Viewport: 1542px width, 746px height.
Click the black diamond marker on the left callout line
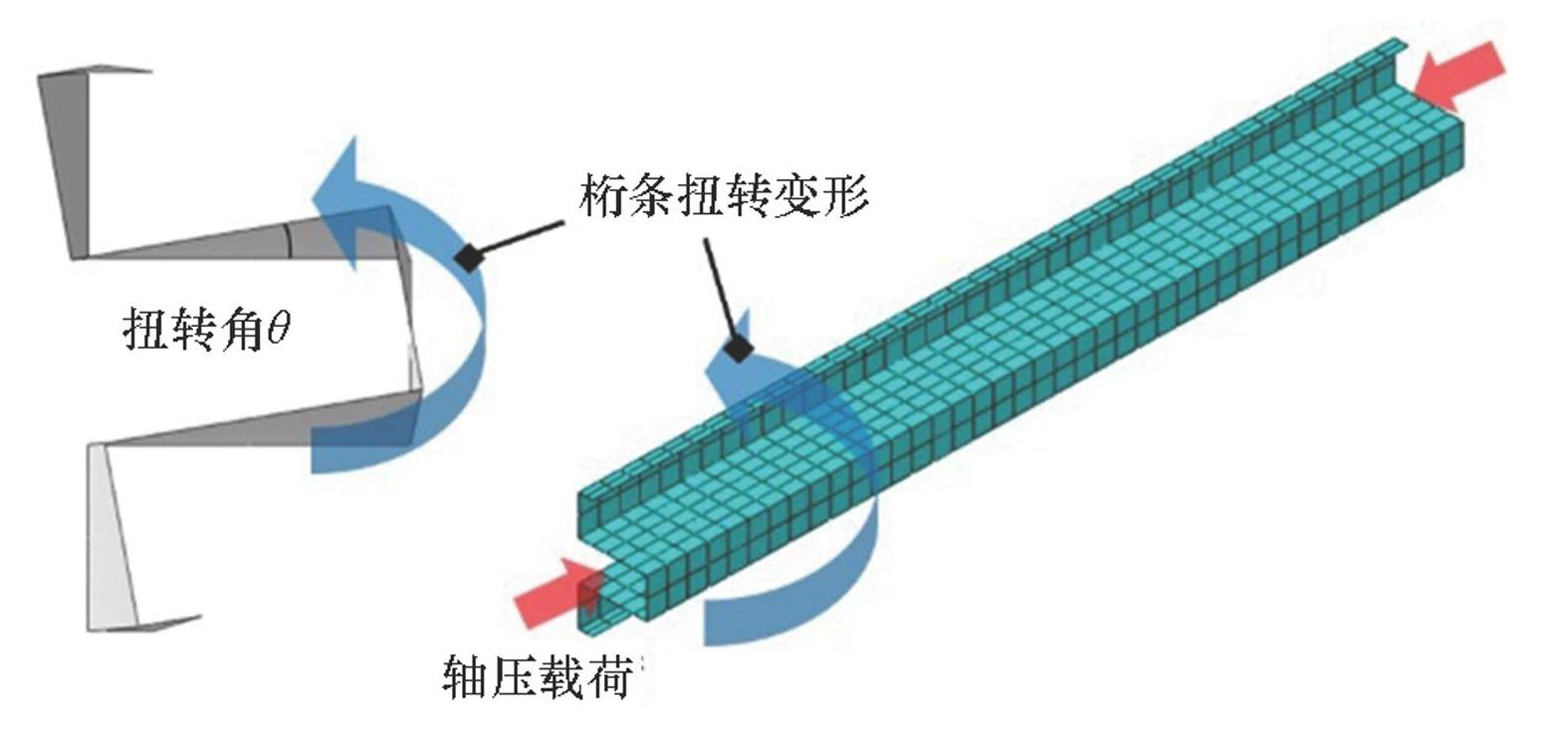click(467, 256)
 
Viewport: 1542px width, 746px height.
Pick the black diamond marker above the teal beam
click(738, 349)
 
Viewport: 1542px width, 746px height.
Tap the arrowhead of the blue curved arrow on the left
click(343, 184)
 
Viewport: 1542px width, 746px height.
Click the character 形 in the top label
click(846, 198)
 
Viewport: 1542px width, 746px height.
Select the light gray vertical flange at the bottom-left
click(110, 538)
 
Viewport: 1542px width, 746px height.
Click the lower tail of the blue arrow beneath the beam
click(757, 618)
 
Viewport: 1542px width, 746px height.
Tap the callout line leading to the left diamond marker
click(518, 239)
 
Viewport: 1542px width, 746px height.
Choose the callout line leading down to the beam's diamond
click(722, 289)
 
